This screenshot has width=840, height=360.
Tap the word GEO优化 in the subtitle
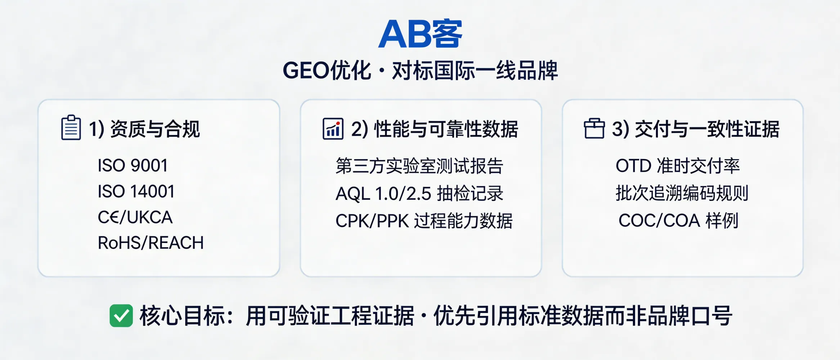coord(327,71)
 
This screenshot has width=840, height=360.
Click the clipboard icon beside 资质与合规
coord(71,128)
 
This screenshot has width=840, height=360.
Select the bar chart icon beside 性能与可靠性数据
coord(333,129)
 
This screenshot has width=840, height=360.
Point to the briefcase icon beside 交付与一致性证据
coord(594,129)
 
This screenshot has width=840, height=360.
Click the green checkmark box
coord(121,316)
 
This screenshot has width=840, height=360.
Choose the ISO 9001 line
coord(132,166)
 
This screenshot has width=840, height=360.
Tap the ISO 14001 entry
coord(136,192)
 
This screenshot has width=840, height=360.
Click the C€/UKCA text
coord(135,217)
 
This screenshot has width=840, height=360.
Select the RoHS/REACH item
coord(151,243)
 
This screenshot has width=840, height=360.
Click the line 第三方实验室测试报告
coord(419,166)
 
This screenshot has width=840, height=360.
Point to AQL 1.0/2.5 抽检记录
coord(419,194)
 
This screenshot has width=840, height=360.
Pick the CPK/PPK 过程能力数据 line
coord(424,221)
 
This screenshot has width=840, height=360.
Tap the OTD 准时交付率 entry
coord(677,166)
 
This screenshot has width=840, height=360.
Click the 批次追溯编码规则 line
coord(682,193)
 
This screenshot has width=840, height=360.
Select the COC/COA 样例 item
coord(678,221)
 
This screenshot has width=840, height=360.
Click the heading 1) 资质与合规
coord(144,129)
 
